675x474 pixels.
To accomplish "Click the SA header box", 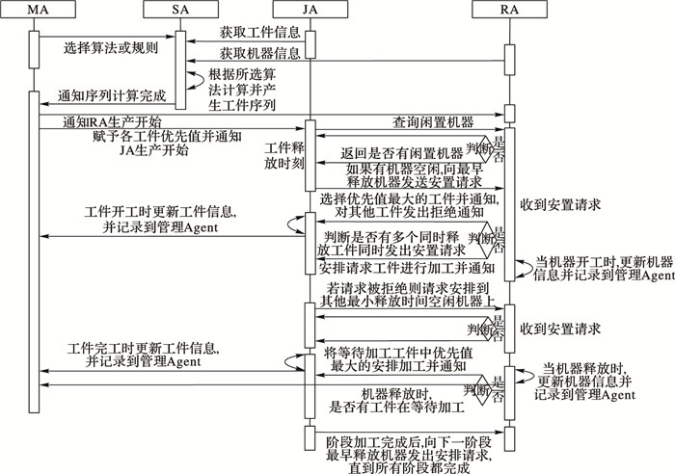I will point(179,10).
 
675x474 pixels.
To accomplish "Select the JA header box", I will point(310,10).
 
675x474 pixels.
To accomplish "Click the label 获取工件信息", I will point(247,33).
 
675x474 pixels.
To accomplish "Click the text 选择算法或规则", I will point(111,45).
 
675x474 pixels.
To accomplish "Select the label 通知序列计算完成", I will point(111,96).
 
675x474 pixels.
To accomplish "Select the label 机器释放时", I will point(394,395).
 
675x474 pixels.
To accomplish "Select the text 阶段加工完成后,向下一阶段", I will point(406,438).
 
